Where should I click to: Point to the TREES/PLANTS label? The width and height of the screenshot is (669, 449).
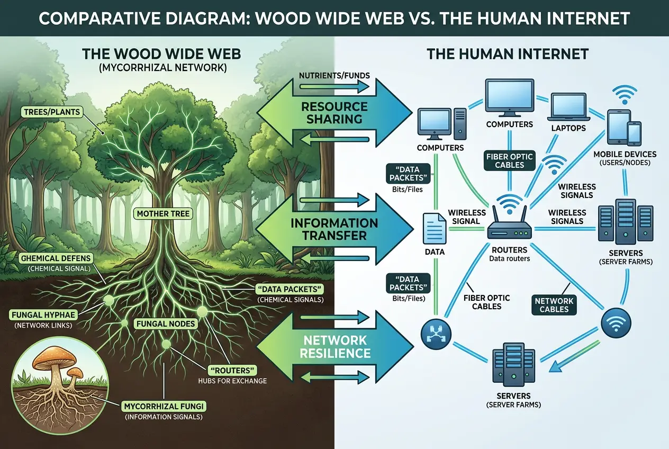coord(51,111)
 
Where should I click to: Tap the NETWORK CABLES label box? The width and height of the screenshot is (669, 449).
coord(554,304)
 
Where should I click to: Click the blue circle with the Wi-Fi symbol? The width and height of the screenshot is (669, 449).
coord(616,322)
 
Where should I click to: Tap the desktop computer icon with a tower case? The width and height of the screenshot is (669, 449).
coord(441,122)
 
